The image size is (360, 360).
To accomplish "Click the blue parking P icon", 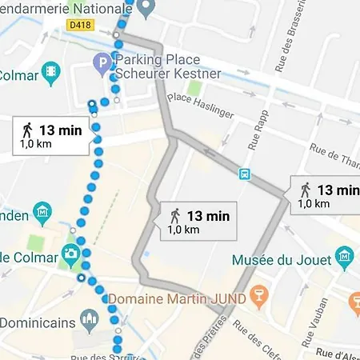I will tap(102, 61).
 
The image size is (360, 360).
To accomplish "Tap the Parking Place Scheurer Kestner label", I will tap(167, 67).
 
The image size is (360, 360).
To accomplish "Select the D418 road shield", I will tap(78, 26).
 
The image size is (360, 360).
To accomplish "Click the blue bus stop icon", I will tap(244, 173).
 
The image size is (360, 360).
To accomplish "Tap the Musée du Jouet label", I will tap(281, 260).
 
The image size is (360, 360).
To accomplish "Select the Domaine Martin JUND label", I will tap(175, 298).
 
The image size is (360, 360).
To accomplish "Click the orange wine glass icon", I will tap(258, 298).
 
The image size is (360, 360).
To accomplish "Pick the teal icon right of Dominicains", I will tap(89, 322).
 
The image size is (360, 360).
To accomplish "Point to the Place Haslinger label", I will tap(200, 104).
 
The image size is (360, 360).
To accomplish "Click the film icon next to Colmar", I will tap(51, 70).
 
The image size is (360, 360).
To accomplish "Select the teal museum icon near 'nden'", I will tap(43, 214).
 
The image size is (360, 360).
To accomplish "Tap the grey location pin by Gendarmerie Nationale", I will tap(145, 10).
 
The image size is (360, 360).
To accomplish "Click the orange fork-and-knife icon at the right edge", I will tap(354, 303).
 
